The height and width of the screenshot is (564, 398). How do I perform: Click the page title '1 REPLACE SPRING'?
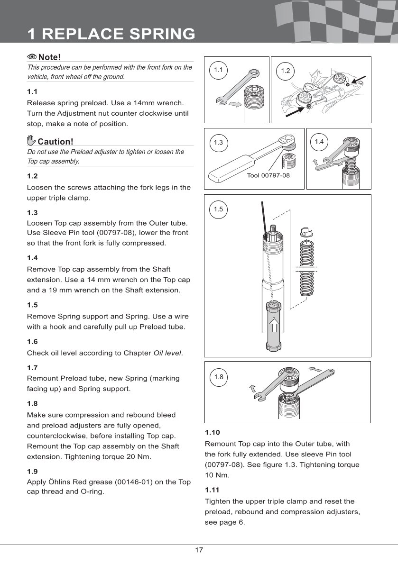point(111,34)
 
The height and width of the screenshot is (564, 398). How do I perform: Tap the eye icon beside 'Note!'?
point(32,57)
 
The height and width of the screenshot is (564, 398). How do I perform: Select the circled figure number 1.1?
point(218,70)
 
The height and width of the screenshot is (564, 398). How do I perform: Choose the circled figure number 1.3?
point(218,142)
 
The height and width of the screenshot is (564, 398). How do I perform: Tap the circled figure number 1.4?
point(319,141)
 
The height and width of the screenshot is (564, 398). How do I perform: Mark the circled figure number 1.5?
point(218,209)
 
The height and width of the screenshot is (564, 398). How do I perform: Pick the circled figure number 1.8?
point(218,377)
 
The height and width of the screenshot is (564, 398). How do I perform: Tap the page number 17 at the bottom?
point(199,550)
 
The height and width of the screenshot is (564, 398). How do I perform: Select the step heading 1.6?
point(32,341)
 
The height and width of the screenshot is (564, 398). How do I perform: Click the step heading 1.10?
point(213,433)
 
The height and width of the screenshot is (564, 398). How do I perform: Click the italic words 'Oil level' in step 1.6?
point(167,353)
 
